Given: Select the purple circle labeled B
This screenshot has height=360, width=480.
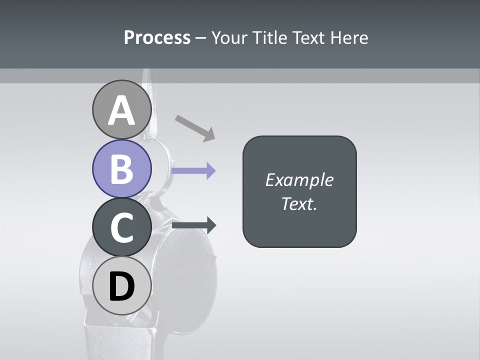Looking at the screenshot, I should coord(121,168).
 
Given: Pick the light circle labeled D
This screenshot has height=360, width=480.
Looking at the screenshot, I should coord(121,285).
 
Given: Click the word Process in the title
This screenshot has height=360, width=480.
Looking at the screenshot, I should coord(157,37).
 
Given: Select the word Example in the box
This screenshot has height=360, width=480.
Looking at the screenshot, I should coord(299,180).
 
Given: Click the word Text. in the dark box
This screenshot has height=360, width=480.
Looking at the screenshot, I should coord(299,204).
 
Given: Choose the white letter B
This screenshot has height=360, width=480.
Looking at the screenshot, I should coord(121,169).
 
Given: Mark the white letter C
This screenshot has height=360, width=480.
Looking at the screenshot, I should coord(121,227).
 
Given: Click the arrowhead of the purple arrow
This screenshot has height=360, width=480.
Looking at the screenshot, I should coord(210,171).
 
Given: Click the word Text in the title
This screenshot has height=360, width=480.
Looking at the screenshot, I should coord(309,37).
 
